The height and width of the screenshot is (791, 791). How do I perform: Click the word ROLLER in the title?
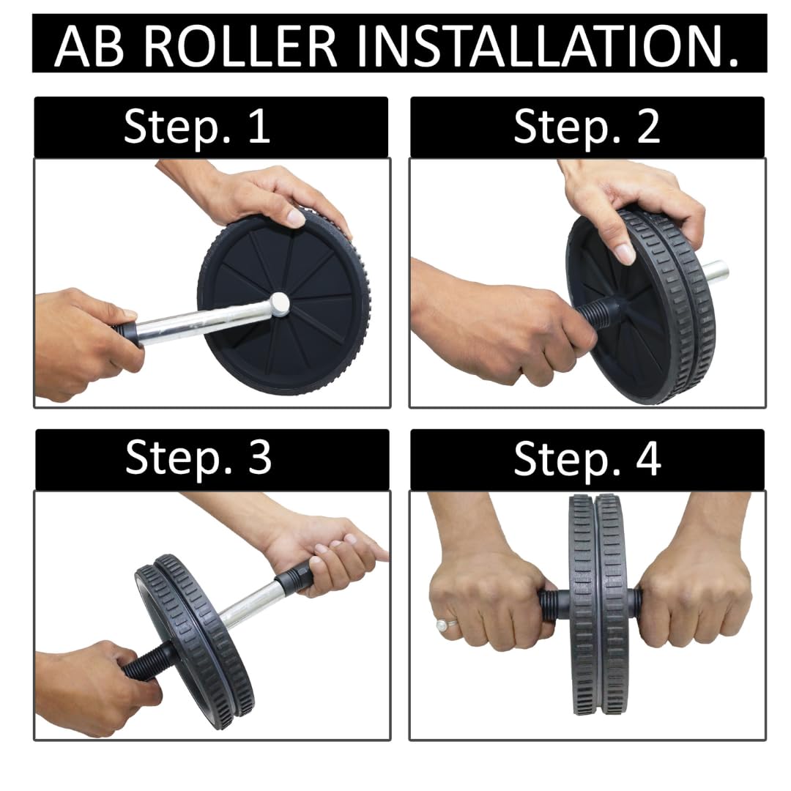point(241,45)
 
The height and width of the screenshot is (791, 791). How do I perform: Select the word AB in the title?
point(89,45)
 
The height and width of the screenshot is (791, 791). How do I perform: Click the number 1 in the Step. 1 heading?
point(260,126)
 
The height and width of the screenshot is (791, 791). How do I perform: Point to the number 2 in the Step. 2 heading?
point(648,126)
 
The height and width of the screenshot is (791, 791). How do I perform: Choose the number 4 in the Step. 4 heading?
point(648,458)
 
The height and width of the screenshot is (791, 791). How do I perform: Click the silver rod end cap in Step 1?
point(278,303)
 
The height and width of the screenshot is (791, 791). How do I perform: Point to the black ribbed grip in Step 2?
point(601,309)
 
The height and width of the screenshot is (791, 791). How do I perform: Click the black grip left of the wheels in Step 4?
point(554,601)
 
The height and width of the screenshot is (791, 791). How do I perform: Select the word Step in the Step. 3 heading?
point(179,458)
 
